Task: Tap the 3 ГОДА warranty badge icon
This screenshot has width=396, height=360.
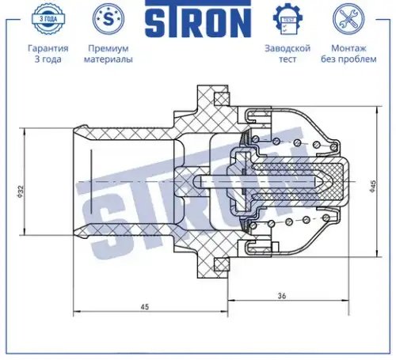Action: coord(48,19)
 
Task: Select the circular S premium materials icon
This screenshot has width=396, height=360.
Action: coord(109,19)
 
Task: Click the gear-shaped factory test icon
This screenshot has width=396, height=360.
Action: coord(287,19)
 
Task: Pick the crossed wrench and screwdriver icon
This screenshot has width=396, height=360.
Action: coord(348,19)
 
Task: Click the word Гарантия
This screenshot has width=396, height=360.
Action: coord(48,48)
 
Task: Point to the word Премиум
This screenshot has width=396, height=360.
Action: coord(109,48)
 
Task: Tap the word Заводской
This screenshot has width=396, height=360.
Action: coord(287,48)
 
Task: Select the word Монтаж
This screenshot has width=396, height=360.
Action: coord(348,48)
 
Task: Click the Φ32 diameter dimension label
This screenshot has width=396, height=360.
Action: coord(21,191)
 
